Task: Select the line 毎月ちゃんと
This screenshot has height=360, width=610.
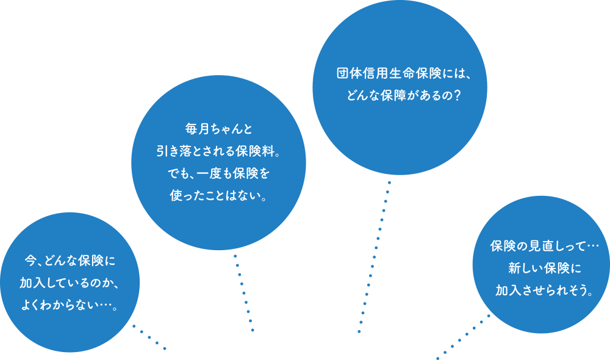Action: tap(218, 129)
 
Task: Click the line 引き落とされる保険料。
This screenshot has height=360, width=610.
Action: tap(218, 151)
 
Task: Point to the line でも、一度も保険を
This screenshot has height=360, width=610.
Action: tap(218, 174)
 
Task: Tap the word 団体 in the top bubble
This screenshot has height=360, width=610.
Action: tap(348, 73)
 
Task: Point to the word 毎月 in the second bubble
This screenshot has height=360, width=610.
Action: tap(196, 129)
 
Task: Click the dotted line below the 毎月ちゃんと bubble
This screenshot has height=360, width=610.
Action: tap(244, 293)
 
